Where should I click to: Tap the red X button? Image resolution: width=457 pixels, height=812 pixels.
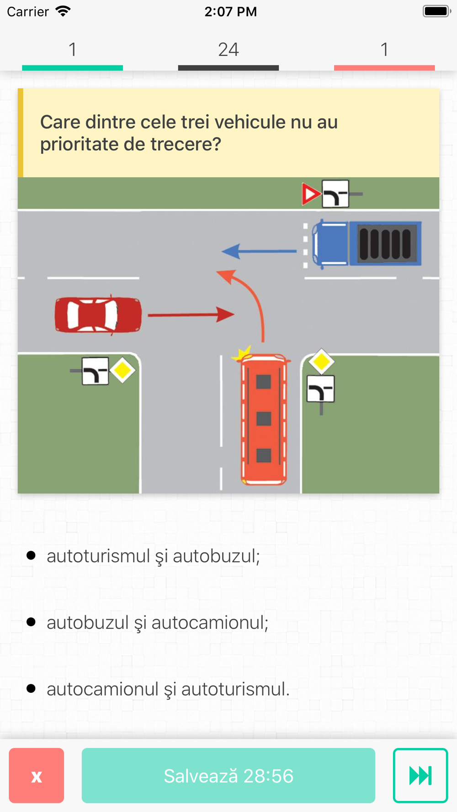37,775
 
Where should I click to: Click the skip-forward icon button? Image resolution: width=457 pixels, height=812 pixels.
420,775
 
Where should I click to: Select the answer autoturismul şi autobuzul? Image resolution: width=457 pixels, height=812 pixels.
153,556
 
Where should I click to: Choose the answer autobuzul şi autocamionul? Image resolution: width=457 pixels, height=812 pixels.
157,622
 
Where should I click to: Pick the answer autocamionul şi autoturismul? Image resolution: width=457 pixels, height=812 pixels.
168,689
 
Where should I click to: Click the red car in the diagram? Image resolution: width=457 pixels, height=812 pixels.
98,315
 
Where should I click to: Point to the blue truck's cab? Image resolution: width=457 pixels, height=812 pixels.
330,244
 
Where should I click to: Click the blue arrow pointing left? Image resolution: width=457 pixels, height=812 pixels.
258,251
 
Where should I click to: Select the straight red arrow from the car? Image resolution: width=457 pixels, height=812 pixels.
191,314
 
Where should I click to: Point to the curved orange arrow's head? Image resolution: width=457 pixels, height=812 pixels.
226,275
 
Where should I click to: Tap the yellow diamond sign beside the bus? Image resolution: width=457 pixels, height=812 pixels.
321,362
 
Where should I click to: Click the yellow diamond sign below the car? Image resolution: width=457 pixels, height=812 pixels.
122,370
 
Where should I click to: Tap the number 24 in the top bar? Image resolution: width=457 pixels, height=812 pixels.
228,49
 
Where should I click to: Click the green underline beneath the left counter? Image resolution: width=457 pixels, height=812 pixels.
72,68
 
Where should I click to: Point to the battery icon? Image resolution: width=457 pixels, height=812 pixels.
436,11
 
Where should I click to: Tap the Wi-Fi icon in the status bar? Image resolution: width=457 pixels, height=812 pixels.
63,11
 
